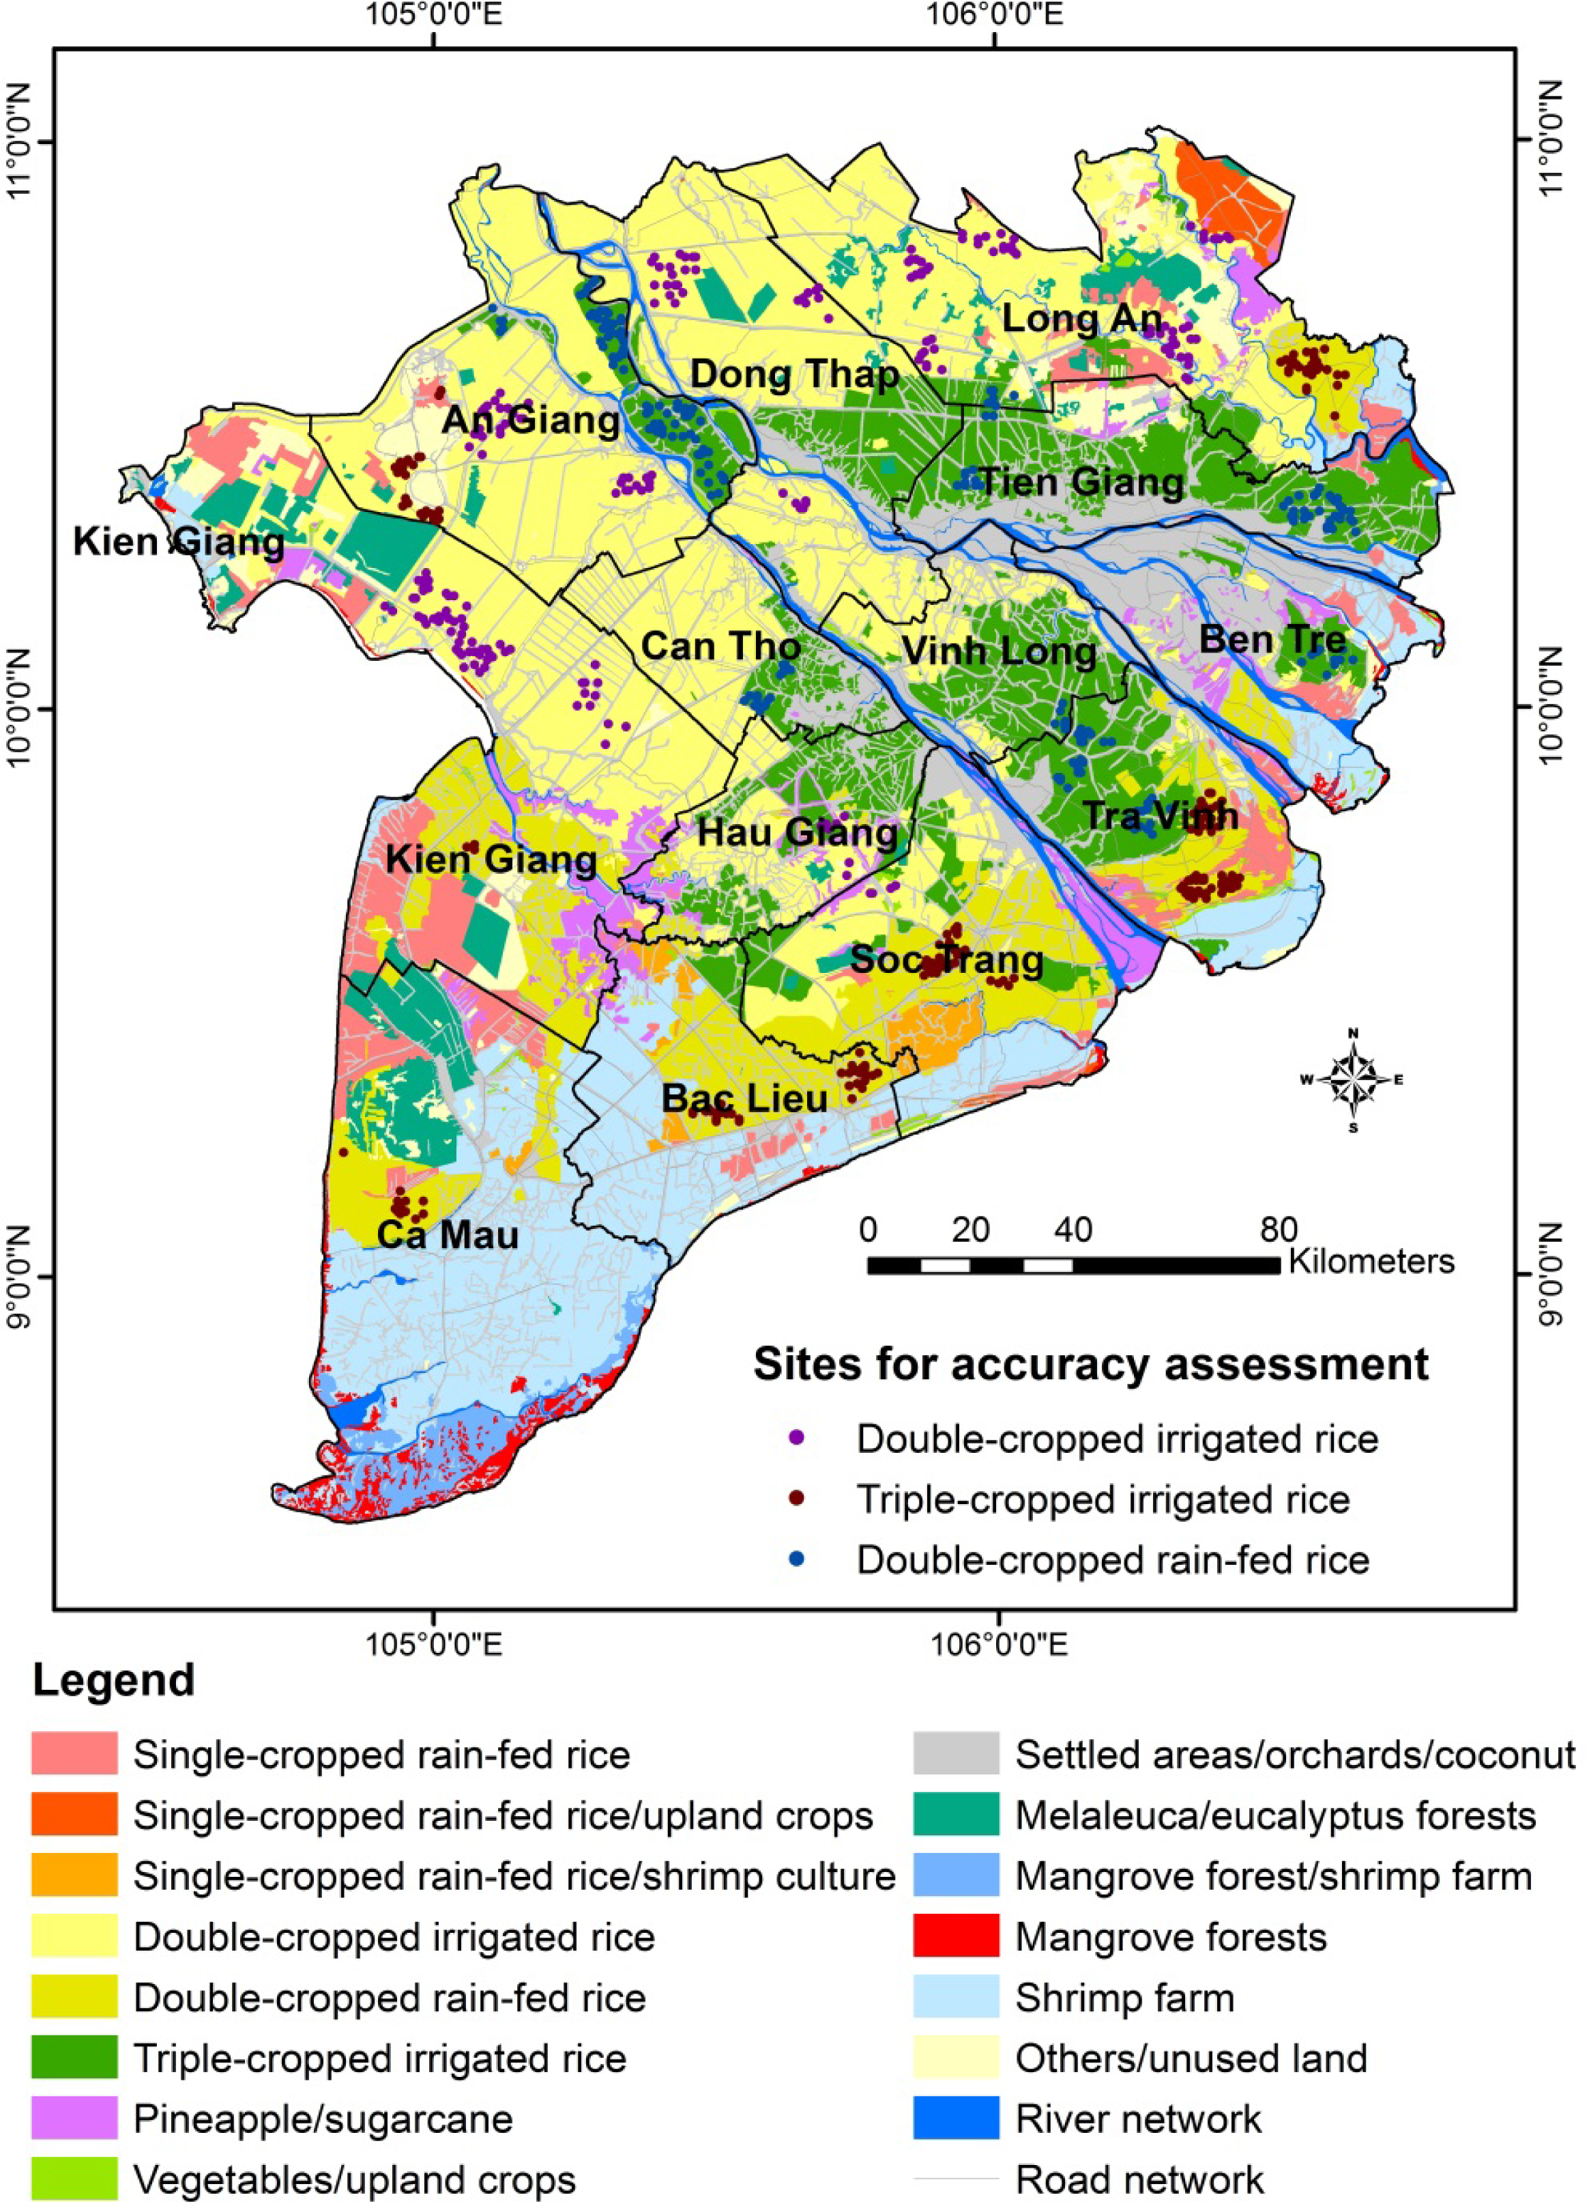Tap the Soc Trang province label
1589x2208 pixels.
[x=947, y=960]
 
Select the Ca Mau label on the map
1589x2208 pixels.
[x=447, y=1236]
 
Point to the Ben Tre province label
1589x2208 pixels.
[x=1272, y=640]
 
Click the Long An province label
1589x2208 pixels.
[x=1082, y=318]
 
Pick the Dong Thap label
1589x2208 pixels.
[x=794, y=375]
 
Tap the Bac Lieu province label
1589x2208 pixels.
[x=744, y=1098]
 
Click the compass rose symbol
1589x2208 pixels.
[x=1352, y=1079]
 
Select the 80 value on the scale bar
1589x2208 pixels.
[x=1279, y=1230]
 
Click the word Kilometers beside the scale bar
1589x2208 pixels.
[x=1371, y=1262]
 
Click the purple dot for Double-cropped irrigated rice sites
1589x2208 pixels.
[x=797, y=1439]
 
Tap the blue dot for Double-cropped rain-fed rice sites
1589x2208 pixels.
[x=797, y=1559]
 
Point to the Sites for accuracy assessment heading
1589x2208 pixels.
[x=1091, y=1364]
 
